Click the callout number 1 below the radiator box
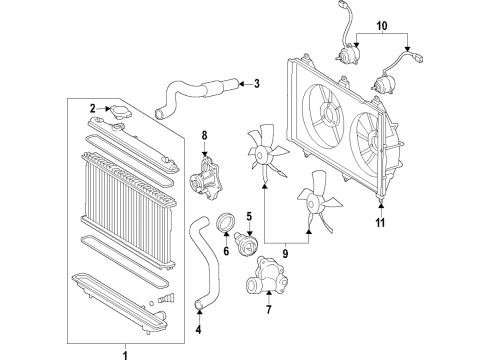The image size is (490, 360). (x=125, y=353)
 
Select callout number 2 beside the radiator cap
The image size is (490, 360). (x=93, y=108)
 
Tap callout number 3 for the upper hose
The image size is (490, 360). (x=256, y=84)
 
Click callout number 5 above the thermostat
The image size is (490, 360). (x=248, y=216)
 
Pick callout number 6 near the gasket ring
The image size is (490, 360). (x=226, y=252)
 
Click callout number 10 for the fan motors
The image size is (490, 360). (x=379, y=24)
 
